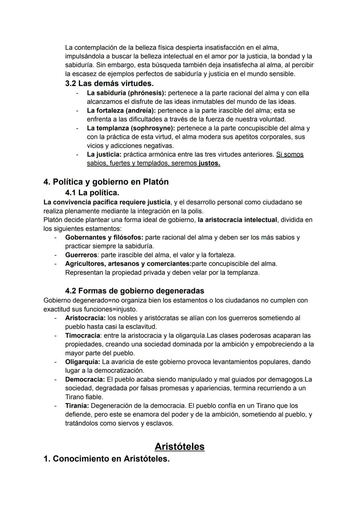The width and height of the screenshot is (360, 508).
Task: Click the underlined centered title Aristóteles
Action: tap(179, 446)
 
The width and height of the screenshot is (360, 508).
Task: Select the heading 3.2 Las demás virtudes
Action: tap(109, 83)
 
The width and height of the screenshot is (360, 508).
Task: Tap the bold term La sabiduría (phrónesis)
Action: tap(126, 93)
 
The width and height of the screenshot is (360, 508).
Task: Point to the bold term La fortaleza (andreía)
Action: tap(121, 110)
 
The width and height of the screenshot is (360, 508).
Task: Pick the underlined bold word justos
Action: tap(209, 163)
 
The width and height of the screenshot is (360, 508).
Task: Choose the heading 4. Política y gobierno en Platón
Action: tap(106, 182)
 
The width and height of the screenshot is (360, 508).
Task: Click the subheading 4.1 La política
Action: tap(92, 193)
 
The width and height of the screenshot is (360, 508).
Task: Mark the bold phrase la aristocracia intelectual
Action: tap(237, 220)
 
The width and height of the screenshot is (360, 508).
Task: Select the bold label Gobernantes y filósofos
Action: tap(104, 238)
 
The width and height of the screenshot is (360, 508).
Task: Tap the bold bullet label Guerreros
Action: tap(81, 255)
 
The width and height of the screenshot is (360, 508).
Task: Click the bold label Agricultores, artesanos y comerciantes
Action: tap(128, 264)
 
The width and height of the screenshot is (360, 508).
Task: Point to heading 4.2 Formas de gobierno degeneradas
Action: tap(134, 291)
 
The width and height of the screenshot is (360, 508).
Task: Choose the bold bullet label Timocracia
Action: tap(82, 335)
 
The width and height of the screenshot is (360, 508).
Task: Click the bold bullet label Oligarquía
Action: tap(82, 362)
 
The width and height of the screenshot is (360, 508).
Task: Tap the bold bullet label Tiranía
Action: tap(77, 406)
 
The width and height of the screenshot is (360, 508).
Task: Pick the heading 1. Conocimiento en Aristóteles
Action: tap(106, 459)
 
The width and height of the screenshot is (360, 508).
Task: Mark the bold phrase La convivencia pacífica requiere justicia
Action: tap(107, 202)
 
